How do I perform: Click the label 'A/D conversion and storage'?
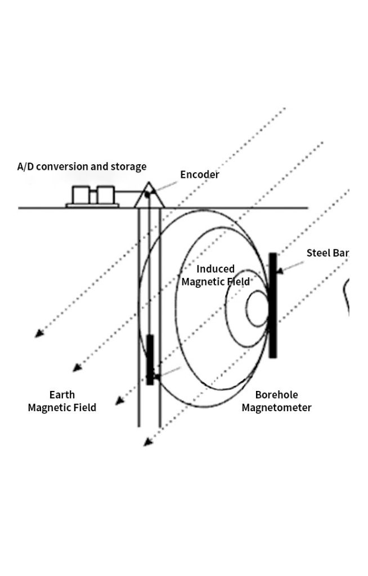click(x=82, y=166)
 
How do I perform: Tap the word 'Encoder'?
click(x=199, y=174)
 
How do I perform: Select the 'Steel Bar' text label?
click(x=327, y=253)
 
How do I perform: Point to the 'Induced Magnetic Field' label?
click(x=216, y=275)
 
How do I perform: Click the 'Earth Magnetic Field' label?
click(x=62, y=401)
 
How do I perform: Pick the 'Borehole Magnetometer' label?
click(x=276, y=401)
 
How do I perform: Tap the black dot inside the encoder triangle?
click(x=147, y=195)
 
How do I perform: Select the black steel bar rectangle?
click(x=273, y=305)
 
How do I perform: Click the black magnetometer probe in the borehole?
click(x=150, y=359)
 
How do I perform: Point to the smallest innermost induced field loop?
click(x=258, y=308)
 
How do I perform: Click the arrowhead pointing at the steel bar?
click(x=280, y=271)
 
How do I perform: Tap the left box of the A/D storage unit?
click(x=82, y=195)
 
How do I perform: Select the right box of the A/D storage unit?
click(x=106, y=195)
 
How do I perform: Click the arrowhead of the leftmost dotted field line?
click(x=38, y=334)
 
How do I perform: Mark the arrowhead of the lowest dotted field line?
click(x=147, y=443)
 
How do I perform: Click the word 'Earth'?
click(x=62, y=395)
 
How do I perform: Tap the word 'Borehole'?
click(x=277, y=395)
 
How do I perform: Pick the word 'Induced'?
click(x=216, y=269)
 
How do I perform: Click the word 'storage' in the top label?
click(x=128, y=166)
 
